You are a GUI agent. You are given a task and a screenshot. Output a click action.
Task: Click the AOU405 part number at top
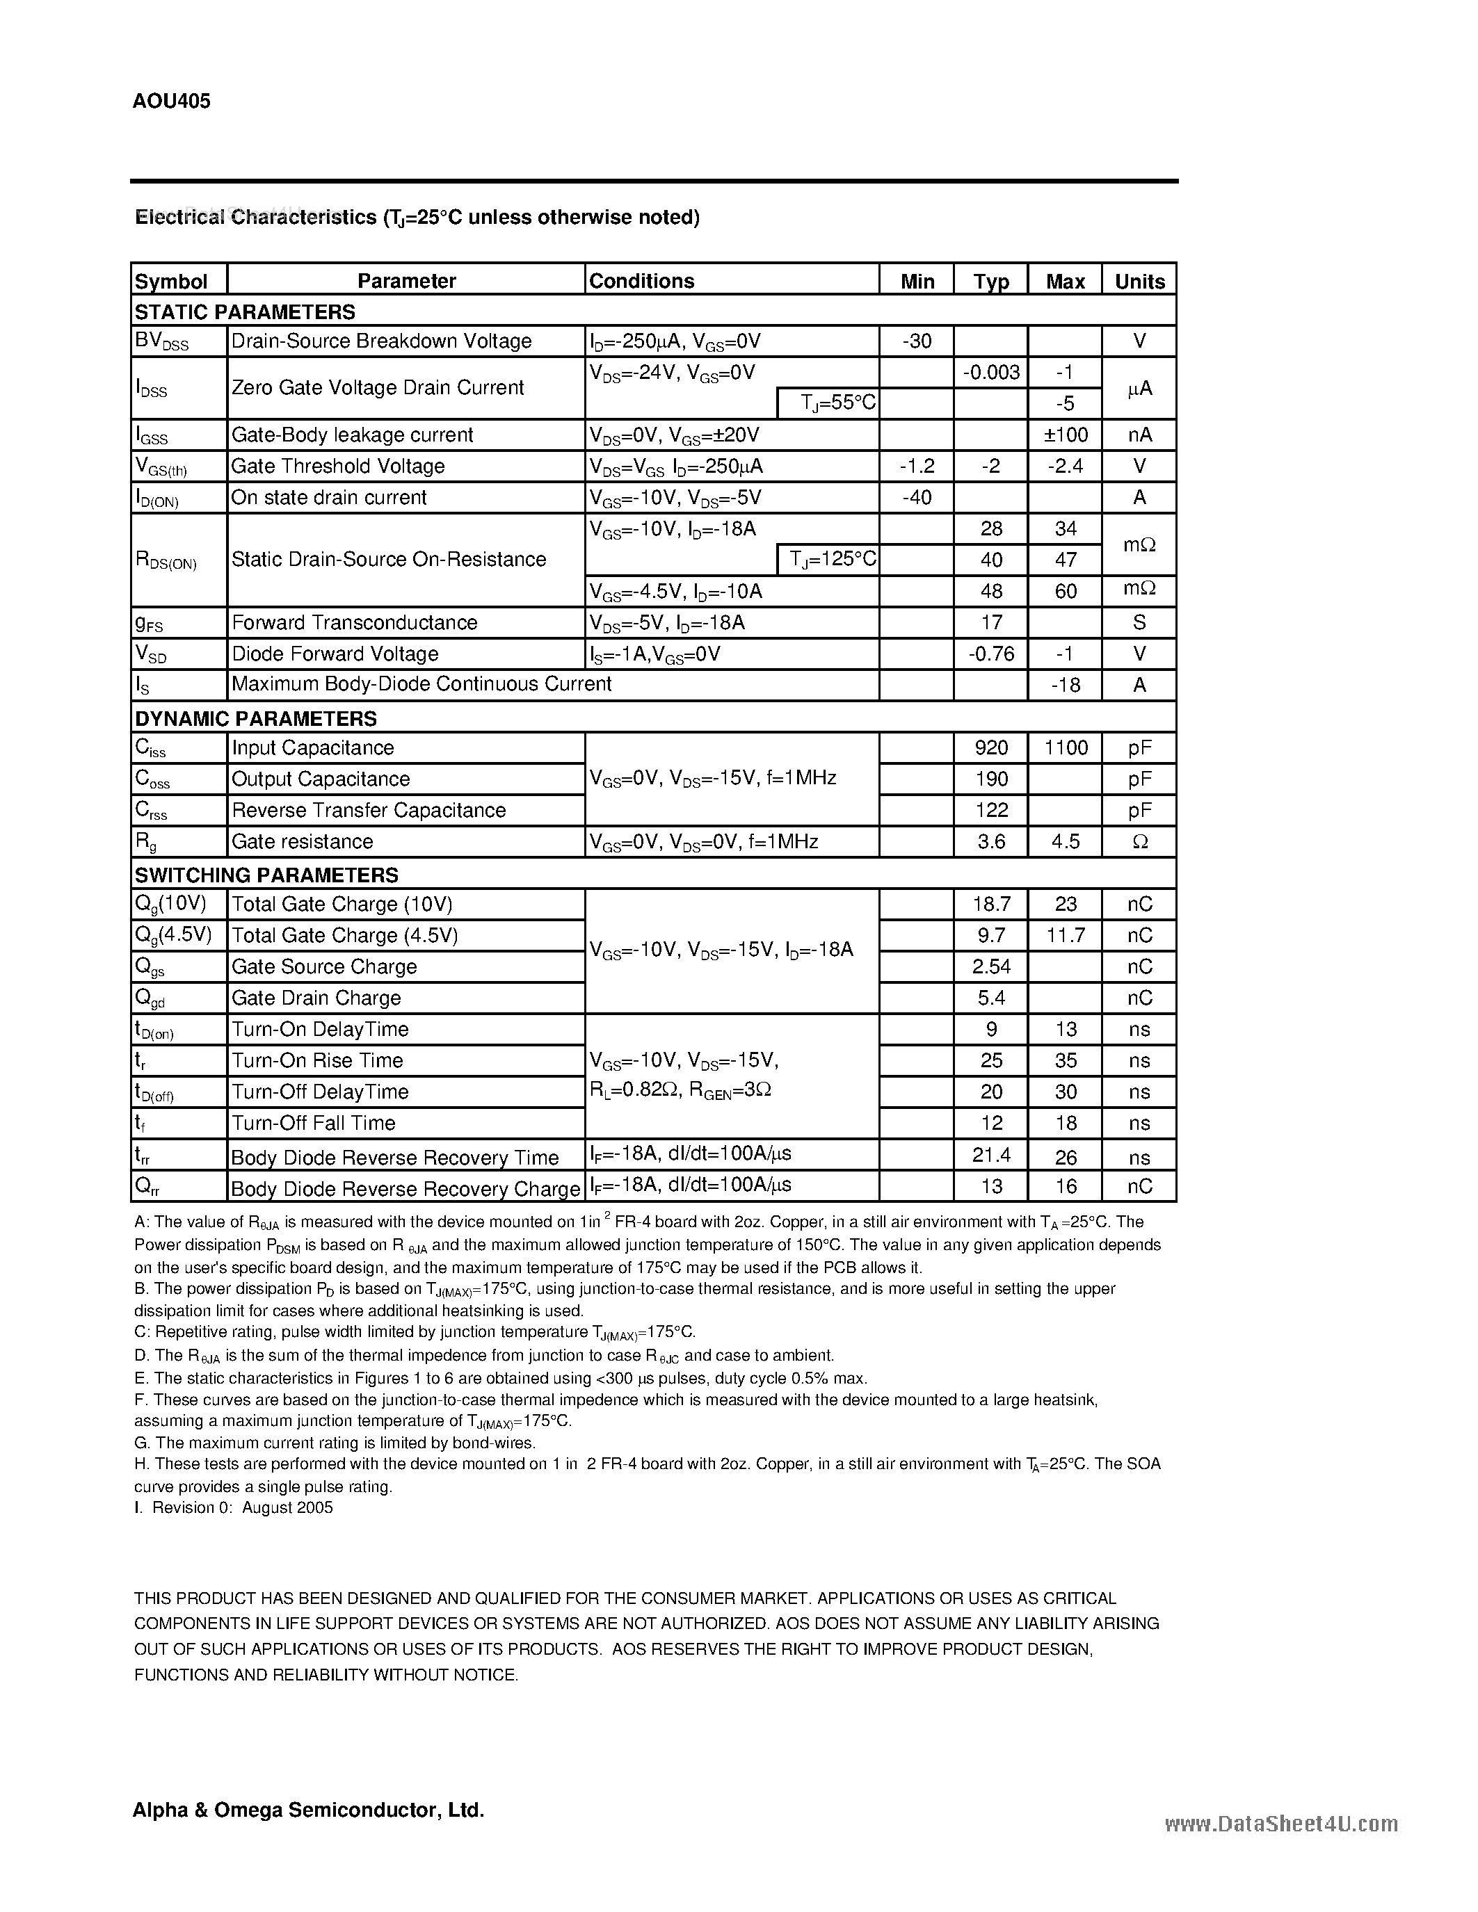click(172, 102)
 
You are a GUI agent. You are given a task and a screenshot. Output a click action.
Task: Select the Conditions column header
click(642, 281)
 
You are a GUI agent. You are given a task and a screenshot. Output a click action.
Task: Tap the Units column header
click(1139, 281)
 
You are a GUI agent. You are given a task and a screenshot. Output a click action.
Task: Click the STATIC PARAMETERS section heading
click(244, 311)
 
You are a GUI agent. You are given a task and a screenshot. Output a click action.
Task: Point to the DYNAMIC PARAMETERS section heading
click(255, 718)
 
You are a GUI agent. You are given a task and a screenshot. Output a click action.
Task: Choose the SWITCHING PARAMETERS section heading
click(265, 875)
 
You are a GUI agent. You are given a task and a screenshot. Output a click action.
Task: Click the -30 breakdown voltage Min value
click(916, 341)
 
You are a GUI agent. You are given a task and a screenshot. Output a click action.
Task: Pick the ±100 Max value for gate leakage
click(1065, 435)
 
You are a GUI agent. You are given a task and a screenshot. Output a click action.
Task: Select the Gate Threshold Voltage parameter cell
click(338, 467)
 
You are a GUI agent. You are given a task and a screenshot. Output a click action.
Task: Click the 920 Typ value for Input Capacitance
click(991, 747)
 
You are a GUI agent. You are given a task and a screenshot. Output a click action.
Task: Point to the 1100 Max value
click(1066, 747)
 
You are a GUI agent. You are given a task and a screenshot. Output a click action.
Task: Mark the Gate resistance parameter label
click(302, 841)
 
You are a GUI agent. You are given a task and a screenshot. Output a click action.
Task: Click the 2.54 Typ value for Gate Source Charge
click(991, 966)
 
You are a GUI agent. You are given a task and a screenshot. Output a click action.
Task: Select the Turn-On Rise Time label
click(317, 1060)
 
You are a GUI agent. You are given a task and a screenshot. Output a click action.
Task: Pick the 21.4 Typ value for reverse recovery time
click(991, 1156)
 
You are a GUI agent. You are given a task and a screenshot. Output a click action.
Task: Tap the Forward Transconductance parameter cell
click(355, 622)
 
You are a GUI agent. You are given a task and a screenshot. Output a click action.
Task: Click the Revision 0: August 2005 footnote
click(234, 1507)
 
